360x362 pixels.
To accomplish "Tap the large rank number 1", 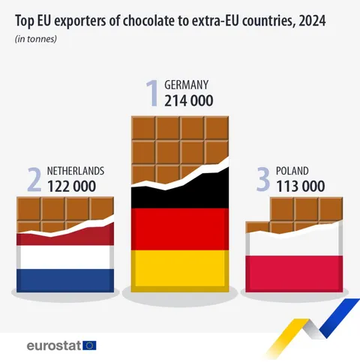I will (152, 94).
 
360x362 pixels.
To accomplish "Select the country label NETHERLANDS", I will (76, 171).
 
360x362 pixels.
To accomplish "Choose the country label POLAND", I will (292, 171).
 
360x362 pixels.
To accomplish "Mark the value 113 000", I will (301, 186).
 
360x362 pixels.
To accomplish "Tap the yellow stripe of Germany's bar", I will (180, 270).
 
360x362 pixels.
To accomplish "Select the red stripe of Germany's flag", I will (180, 229).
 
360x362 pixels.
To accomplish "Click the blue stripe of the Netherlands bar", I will (65, 280).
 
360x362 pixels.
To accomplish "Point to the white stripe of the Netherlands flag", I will (65, 258).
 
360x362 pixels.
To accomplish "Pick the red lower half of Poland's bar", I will (294, 273).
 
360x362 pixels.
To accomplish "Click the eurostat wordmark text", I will (53, 346).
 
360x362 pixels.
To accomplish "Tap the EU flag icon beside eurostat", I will (89, 346).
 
